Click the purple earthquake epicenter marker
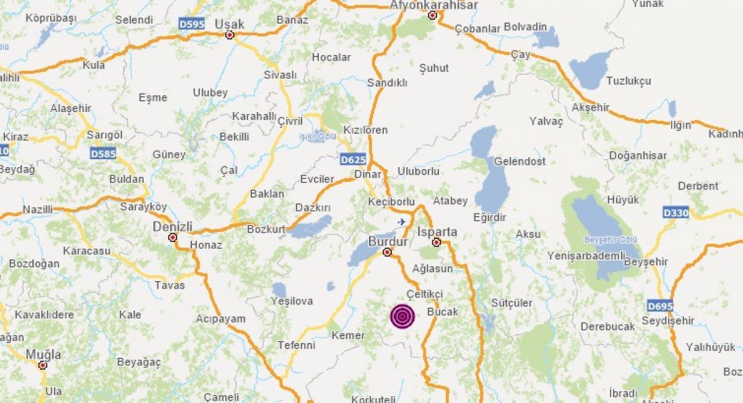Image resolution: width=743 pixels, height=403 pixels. coord(402,316)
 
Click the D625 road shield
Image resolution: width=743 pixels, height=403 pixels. coord(351,160)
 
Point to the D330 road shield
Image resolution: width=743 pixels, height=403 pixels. coord(675,212)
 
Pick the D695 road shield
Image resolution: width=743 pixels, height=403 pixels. coord(660,306)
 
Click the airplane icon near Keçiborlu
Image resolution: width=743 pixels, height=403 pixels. coord(402,221)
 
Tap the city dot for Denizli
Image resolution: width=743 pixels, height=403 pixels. coord(173,237)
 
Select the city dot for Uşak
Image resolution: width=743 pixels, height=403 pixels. coord(230,35)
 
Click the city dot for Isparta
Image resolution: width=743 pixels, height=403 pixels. coord(437,242)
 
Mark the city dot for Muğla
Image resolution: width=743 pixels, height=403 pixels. coord(43,365)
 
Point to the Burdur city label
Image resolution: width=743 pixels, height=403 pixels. coord(388,241)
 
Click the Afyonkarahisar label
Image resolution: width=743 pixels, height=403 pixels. coord(433,5)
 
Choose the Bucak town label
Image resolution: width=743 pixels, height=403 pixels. coord(443,312)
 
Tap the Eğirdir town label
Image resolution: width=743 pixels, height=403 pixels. coord(489,217)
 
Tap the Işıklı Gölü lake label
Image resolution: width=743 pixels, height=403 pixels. coord(317,136)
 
